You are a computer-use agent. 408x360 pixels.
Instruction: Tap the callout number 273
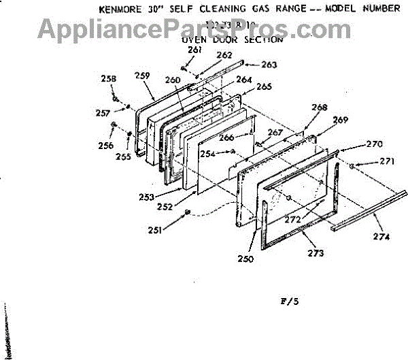tap(315, 253)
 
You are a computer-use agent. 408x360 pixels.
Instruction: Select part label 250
tap(245, 259)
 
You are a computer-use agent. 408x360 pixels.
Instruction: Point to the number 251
tap(156, 230)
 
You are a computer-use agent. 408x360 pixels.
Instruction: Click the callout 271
tap(387, 161)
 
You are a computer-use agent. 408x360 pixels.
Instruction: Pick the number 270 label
tap(375, 144)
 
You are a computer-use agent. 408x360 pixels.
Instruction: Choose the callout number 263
tap(269, 65)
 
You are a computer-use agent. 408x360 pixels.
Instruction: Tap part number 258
tap(108, 80)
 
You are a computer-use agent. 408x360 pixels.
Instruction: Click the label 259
tap(141, 76)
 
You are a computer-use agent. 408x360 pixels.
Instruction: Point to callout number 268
tap(319, 108)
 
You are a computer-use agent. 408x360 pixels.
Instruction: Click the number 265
tap(264, 86)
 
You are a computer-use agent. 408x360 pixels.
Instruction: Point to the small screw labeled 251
tap(185, 214)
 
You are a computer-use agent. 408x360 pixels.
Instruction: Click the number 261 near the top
tap(176, 50)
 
